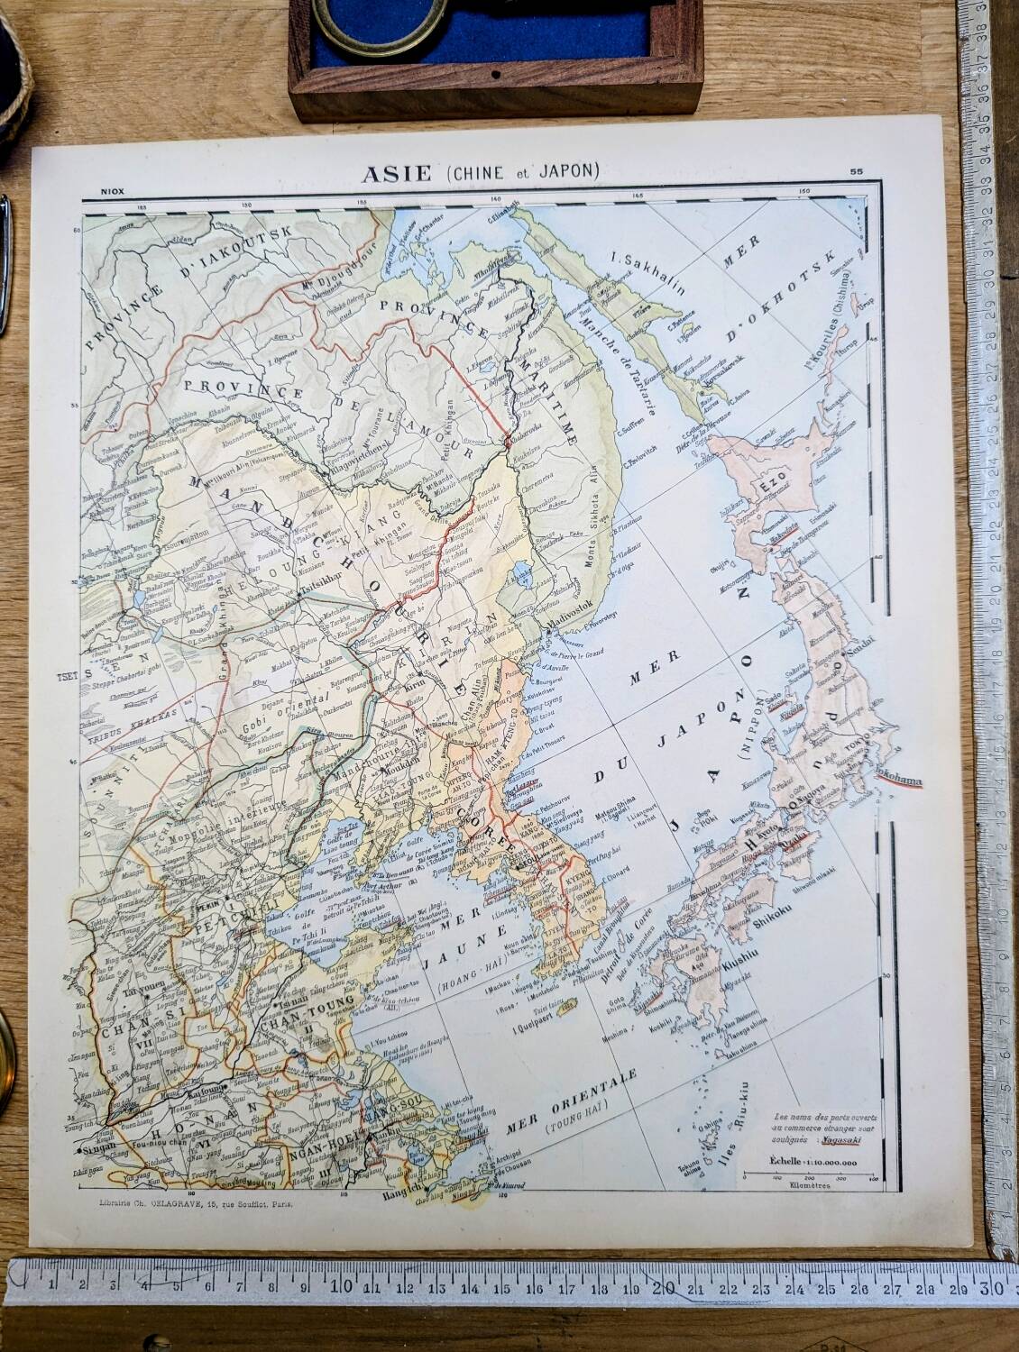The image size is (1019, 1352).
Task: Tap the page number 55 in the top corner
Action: pyautogui.click(x=856, y=170)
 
